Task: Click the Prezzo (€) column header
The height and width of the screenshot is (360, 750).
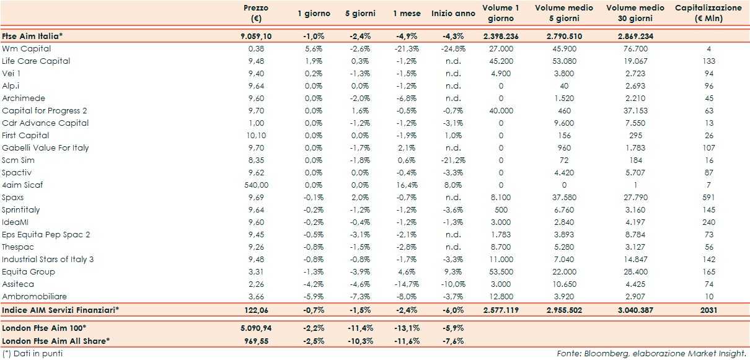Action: (256, 13)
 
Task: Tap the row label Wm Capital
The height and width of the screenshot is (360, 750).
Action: (26, 48)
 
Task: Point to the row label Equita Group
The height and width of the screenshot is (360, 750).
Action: (29, 271)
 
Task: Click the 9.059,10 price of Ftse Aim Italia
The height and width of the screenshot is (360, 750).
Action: (256, 36)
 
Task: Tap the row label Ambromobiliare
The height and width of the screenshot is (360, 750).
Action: (34, 296)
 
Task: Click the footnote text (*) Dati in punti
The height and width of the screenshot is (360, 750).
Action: (32, 353)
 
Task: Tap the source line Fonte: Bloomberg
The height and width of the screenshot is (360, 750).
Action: (650, 353)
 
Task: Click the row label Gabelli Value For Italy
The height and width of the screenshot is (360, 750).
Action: (45, 147)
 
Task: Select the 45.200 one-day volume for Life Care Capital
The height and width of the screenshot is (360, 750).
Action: (501, 61)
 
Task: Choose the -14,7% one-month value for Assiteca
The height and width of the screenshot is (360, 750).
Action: (406, 284)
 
